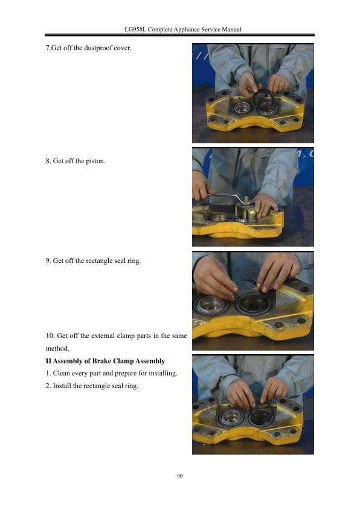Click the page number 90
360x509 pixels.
point(179,476)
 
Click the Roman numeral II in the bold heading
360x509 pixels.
point(49,361)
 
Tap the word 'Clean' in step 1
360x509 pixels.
point(61,374)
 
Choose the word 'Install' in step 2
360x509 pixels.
point(62,386)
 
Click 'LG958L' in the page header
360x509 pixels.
point(135,30)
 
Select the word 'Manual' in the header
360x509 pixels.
point(231,30)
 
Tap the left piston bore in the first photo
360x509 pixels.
point(241,108)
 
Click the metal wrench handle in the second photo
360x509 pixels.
point(223,196)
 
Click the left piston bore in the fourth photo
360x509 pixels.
point(231,417)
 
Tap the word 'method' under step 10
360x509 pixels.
point(57,348)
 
